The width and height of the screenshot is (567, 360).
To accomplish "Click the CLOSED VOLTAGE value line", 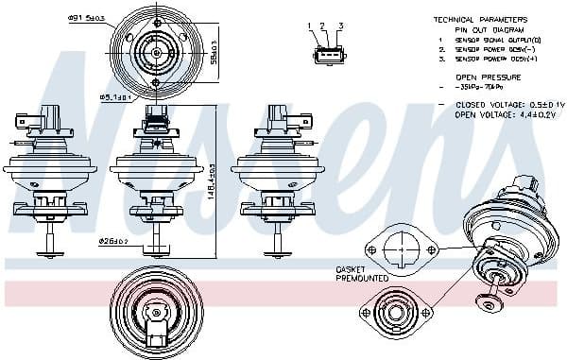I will coord(501,105).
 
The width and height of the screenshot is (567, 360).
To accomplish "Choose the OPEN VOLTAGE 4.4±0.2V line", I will coord(498,114).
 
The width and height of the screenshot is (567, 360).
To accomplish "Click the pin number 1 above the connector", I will coord(310,26).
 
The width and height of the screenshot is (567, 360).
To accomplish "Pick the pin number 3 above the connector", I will coord(340,26).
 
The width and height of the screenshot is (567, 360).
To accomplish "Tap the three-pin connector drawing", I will coord(325,55).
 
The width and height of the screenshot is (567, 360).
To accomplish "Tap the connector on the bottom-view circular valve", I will coord(157,331).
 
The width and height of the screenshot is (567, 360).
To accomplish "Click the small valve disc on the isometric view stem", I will coord(490,303).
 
